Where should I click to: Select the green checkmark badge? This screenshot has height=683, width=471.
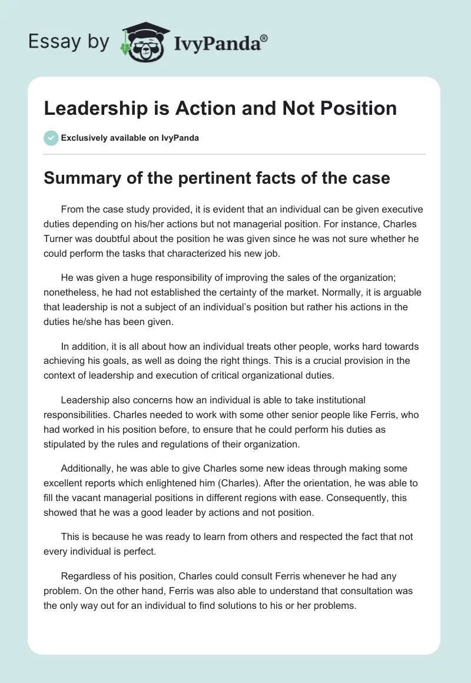(50, 138)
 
